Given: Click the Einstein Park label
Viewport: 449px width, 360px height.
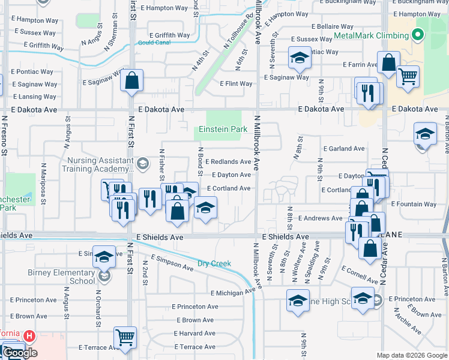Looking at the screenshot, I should [x=223, y=130].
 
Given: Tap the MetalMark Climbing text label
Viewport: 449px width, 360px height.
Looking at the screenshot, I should [x=371, y=35].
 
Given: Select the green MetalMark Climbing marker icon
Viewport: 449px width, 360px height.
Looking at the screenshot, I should [x=420, y=35].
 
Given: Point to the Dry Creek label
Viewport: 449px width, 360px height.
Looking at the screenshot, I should [x=214, y=263].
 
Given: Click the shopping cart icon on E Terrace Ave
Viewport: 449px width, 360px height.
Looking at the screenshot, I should [x=125, y=337].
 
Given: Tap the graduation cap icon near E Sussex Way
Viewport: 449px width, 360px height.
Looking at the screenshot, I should [x=298, y=58].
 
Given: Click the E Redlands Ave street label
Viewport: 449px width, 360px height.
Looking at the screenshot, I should [x=228, y=162].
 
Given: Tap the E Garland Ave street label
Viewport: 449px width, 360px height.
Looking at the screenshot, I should [x=343, y=148].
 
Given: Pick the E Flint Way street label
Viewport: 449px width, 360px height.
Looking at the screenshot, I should [x=236, y=84].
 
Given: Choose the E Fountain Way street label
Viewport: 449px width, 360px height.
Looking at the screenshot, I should [x=414, y=205].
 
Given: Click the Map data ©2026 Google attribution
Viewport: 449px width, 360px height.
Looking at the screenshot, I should [x=412, y=355].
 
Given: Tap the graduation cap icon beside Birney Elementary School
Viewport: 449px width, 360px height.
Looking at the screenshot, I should [x=104, y=256].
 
